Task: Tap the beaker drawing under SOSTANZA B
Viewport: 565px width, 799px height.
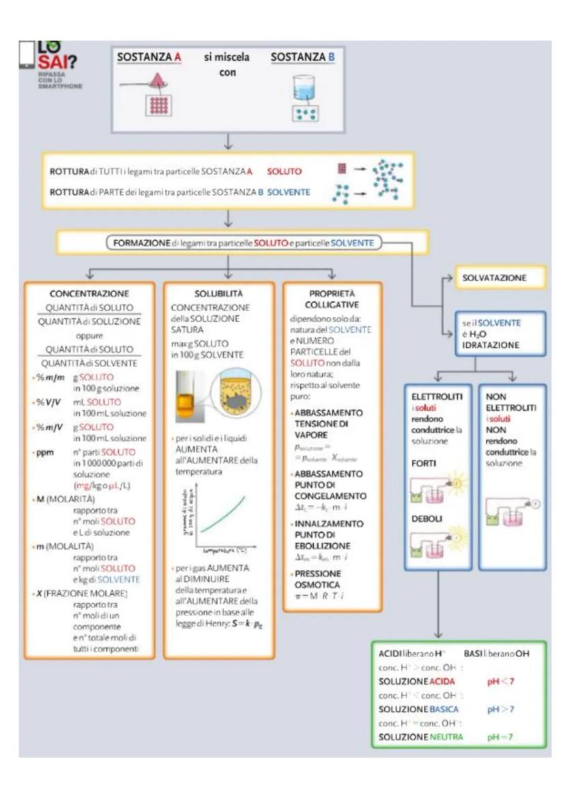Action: [303, 88]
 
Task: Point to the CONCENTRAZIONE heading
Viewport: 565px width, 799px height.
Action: [89, 293]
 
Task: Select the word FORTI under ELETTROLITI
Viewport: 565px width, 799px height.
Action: [424, 463]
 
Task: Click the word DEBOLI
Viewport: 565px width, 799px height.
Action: [426, 519]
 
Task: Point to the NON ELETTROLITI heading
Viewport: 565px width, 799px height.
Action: [504, 402]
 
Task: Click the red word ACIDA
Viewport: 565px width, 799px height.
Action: [442, 682]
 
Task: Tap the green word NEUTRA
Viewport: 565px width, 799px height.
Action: [446, 737]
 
